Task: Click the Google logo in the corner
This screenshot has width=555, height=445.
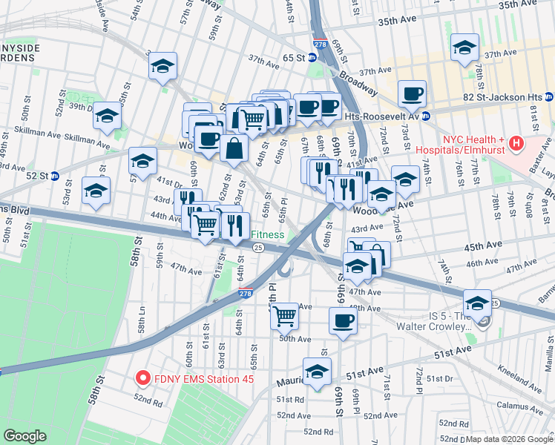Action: tap(25, 436)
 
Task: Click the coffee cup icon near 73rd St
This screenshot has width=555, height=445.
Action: tap(412, 93)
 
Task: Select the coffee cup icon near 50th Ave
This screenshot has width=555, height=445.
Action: tap(342, 320)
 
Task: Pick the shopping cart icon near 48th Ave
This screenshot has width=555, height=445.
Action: tap(285, 316)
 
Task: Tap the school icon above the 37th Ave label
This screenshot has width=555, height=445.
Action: tap(464, 49)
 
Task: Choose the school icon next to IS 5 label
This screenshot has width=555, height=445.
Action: tap(477, 303)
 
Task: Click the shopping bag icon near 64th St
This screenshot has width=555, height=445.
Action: tap(234, 147)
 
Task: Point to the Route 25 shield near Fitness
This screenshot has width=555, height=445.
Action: tap(257, 248)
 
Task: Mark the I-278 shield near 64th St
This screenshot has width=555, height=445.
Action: tap(245, 294)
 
